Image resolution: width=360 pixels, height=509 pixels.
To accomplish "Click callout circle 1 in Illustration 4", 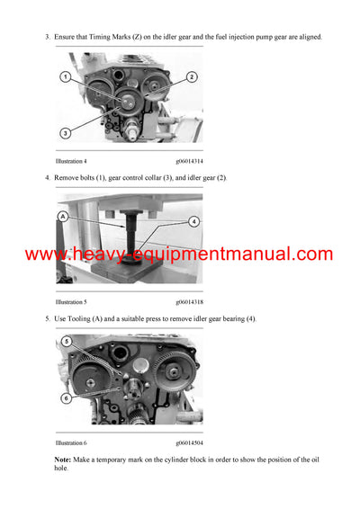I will (x=66, y=77).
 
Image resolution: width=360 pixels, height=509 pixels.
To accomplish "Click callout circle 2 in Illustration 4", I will (x=193, y=77).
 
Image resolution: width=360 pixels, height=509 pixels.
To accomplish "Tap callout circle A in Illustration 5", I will (x=63, y=217).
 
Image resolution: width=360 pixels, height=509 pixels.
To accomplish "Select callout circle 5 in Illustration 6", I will (x=66, y=342).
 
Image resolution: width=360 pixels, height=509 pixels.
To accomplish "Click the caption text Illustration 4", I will (x=74, y=160).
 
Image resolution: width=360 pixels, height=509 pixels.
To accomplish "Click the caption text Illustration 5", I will (x=74, y=302).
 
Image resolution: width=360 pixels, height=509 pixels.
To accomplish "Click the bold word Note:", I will (x=65, y=459).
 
